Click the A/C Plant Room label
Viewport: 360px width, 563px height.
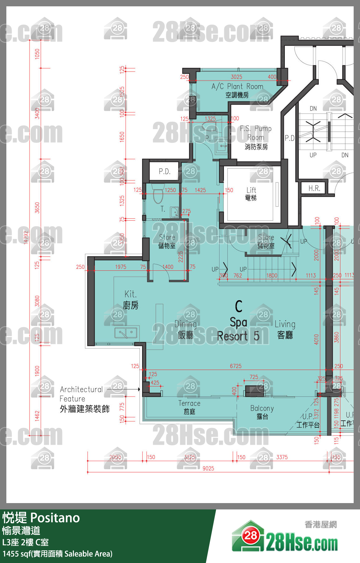coord(237,90)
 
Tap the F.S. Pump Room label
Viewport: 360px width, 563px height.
coord(256,137)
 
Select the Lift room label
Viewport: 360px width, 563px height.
coord(251,194)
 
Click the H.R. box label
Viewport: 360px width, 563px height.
coord(314,188)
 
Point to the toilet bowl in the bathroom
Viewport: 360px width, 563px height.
coord(158,195)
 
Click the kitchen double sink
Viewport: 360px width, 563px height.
coord(126,333)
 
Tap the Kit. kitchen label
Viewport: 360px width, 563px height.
coord(131,300)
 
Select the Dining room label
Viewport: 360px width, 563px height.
coord(186,329)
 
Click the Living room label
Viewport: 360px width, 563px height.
coord(285,329)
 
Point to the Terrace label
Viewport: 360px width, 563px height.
coord(189,407)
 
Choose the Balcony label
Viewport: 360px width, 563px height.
coord(262,412)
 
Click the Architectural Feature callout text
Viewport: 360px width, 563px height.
coord(84,399)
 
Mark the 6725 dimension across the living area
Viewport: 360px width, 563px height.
coord(236,366)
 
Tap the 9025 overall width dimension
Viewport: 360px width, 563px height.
coord(208,469)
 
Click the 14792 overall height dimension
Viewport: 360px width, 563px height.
coord(26,237)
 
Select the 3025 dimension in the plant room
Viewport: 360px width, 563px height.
coord(236,77)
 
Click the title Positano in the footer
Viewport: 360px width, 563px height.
coord(55,518)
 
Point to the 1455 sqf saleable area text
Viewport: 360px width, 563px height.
coord(57,554)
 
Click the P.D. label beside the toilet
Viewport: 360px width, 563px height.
coord(165,171)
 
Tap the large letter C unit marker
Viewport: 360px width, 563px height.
coord(239,306)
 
